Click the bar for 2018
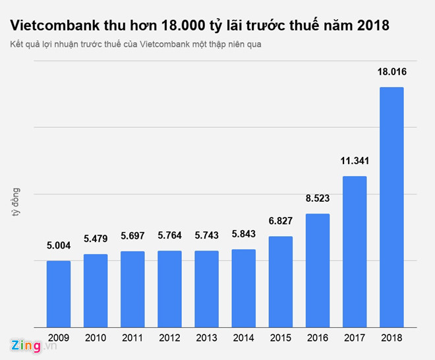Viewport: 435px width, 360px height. tap(391, 206)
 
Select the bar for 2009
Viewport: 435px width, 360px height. tap(58, 293)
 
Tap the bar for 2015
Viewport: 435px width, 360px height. tap(280, 281)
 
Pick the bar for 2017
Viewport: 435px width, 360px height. tap(355, 251)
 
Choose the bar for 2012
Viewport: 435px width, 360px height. tap(169, 288)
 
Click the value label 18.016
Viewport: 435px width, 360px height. tap(391, 73)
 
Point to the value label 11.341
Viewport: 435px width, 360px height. tap(355, 162)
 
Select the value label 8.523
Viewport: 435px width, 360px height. tap(318, 200)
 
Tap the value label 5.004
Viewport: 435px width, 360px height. tap(58, 247)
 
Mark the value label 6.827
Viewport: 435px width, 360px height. tap(280, 222)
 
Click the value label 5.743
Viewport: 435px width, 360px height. tap(206, 237)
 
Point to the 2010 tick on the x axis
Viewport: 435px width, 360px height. tap(96, 337)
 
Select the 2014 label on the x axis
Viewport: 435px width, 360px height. tap(243, 337)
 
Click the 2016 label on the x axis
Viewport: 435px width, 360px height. tap(318, 337)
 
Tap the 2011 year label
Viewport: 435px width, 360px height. tap(132, 337)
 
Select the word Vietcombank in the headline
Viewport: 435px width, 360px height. tap(49, 26)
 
